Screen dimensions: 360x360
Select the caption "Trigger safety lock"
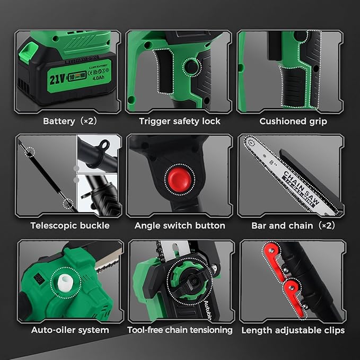point(179,121)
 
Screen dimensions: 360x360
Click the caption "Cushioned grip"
point(293,121)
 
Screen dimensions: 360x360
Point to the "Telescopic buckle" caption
point(70,225)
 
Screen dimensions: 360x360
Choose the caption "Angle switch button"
point(180,225)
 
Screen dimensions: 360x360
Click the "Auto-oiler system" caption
point(70,330)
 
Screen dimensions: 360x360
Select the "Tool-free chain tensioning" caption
point(180,330)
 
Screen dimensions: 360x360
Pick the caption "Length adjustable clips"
point(293,330)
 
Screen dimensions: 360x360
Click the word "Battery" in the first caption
point(59,121)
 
